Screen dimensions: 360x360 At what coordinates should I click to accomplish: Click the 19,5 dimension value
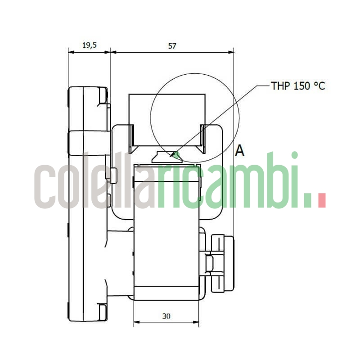point(89,45)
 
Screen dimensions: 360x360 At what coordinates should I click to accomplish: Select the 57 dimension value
point(172,45)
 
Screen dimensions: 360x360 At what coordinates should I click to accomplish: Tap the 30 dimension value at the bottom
point(166,316)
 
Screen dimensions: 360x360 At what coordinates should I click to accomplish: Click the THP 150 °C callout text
point(297,85)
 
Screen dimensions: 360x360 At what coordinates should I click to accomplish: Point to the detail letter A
point(240,151)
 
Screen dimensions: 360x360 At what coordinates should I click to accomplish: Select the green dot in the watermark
point(308,201)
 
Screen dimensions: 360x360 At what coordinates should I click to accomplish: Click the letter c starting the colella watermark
point(45,187)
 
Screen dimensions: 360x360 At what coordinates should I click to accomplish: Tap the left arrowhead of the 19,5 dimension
point(70,52)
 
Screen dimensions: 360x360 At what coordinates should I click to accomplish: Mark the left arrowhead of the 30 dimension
point(136,322)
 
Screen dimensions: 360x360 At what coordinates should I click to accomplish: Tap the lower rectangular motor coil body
point(166,256)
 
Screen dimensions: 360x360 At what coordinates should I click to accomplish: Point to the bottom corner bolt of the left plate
point(103,310)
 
